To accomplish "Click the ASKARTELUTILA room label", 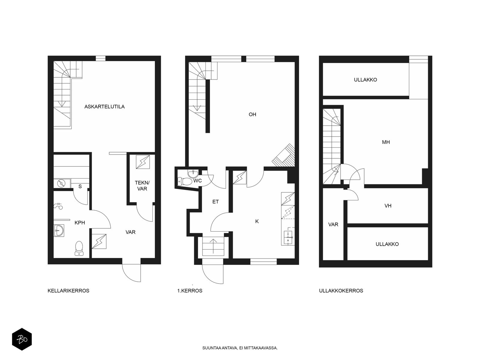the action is pos(104,107).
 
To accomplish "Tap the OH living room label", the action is pos(252,114).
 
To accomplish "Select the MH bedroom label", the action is pos(386,142).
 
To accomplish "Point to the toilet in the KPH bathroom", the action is pos(79,248).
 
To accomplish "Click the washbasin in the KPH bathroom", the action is pos(59,230).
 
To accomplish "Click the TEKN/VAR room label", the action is pos(142,186).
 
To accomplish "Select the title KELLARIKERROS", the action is pos(68,291).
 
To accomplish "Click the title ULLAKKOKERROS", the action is pos(341,291).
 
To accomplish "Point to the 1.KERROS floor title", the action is pos(190,291).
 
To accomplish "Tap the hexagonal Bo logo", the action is pos(22,339).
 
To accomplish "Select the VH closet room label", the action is pos(388,206).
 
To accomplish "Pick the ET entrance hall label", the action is pos(215,202).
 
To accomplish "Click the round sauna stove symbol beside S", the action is pos(61,183).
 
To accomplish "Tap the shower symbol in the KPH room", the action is pos(58,206).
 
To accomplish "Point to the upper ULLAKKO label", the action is pos(365,80).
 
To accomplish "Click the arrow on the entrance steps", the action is pos(213,246).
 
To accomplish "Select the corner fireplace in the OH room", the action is pos(283,155).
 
